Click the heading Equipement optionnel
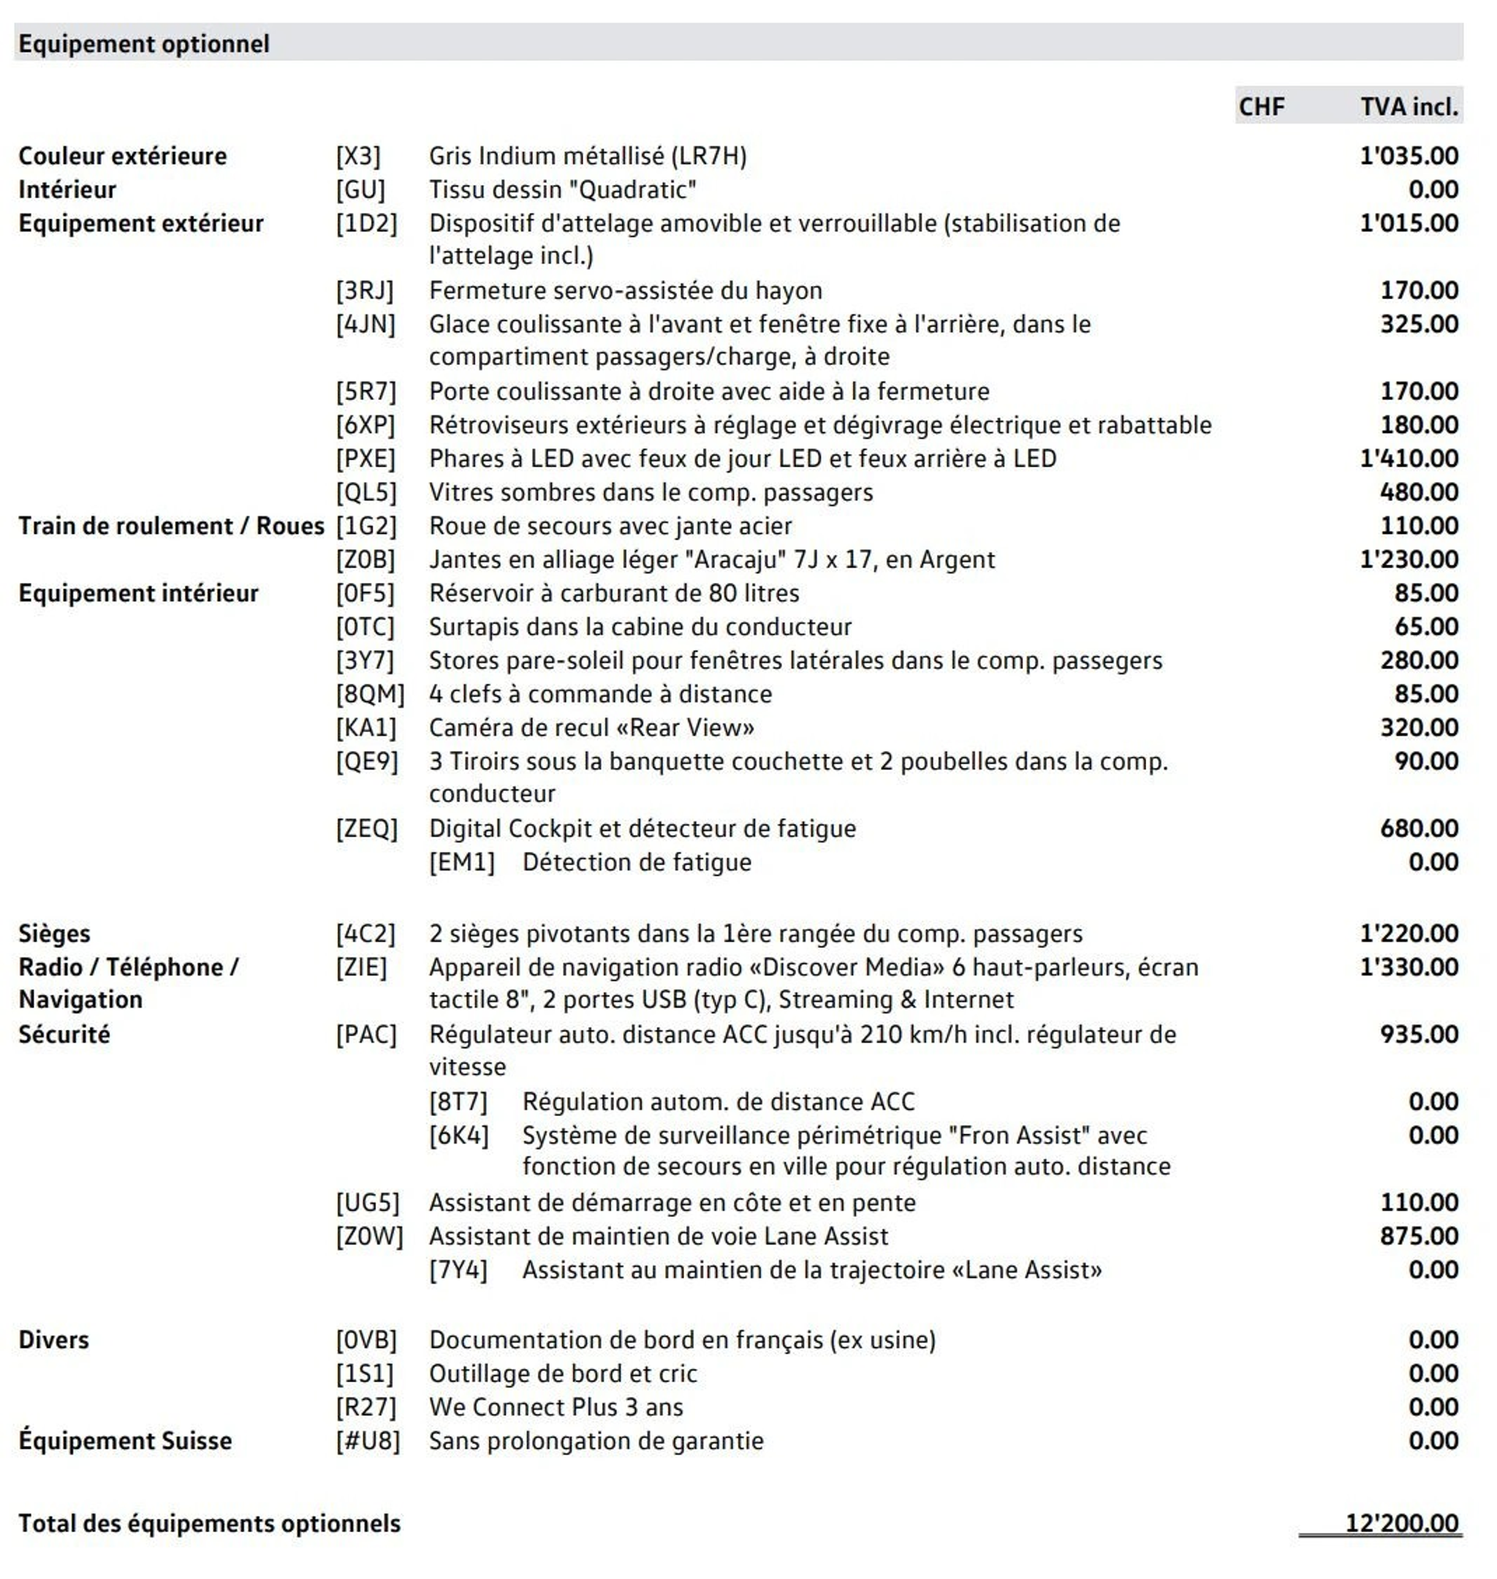[x=144, y=44]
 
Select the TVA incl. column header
[x=1409, y=106]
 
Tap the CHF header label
[x=1261, y=106]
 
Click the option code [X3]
[x=358, y=156]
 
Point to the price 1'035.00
[x=1409, y=156]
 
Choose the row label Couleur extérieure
[x=122, y=156]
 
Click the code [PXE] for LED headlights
[x=365, y=459]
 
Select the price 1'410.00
[x=1409, y=459]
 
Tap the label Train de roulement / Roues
[x=171, y=525]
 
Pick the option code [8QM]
[x=369, y=694]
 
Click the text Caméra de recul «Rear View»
[x=591, y=727]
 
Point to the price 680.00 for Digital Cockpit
[x=1419, y=828]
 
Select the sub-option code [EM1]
[x=461, y=862]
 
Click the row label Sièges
[x=54, y=933]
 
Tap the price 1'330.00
[x=1409, y=967]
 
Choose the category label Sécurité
[x=64, y=1034]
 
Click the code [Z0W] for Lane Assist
[x=368, y=1236]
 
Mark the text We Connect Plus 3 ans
[x=556, y=1406]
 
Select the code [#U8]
[x=367, y=1440]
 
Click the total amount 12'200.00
[x=1401, y=1523]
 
